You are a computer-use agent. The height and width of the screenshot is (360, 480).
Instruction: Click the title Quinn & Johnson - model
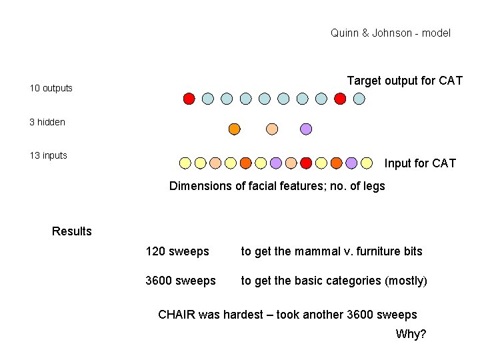[x=390, y=33]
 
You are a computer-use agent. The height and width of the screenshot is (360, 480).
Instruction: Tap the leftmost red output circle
[x=189, y=99]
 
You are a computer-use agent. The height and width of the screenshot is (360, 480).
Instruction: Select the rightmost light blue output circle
[x=359, y=99]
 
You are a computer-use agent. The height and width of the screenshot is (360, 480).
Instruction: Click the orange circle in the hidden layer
[x=234, y=129]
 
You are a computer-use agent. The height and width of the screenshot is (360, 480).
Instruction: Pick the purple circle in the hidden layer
[x=306, y=129]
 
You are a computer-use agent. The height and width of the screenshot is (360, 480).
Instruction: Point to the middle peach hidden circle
[x=271, y=129]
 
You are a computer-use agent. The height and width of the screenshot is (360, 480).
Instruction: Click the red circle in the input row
[x=306, y=162]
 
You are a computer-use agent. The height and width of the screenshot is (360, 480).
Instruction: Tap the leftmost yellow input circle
[x=185, y=162]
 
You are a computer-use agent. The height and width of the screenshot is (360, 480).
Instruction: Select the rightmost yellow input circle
[x=367, y=162]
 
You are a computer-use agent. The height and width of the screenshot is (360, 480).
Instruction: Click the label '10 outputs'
[x=51, y=88]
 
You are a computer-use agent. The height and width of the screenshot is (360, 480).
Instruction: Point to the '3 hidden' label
[x=47, y=122]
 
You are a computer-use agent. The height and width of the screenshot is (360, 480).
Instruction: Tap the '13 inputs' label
[x=49, y=155]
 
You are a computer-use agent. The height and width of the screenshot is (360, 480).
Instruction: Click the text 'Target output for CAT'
[x=405, y=81]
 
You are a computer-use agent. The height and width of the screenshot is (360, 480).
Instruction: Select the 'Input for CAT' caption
[x=420, y=163]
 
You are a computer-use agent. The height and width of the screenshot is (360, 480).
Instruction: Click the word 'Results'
[x=72, y=231]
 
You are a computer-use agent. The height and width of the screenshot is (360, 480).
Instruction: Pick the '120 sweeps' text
[x=177, y=251]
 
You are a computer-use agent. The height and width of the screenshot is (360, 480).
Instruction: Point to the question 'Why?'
[x=411, y=334]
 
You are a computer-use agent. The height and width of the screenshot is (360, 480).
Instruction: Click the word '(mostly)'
[x=406, y=281]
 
